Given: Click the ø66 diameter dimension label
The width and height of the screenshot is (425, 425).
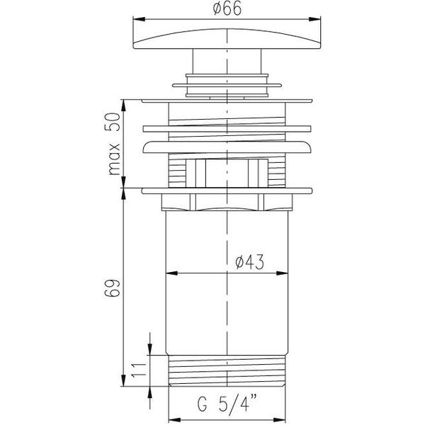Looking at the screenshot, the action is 227,8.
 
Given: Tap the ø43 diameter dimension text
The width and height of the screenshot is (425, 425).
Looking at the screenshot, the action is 249,262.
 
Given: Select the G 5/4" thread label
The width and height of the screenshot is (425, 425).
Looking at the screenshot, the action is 227,404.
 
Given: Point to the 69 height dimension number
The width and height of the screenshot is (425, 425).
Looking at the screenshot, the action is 112,288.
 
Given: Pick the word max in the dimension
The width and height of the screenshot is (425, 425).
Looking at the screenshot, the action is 114,159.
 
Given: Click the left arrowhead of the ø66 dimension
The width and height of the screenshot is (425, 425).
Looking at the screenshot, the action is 139,19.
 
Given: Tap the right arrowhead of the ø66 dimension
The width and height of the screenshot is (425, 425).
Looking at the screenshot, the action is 314,19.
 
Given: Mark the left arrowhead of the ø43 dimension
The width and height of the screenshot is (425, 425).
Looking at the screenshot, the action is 171,273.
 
